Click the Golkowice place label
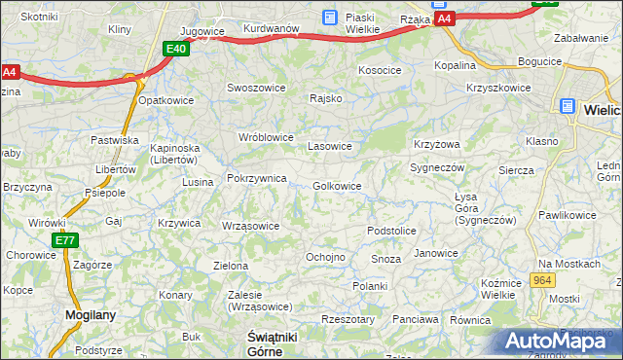point(338,186)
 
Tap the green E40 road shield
point(175,48)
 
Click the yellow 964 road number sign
point(543,280)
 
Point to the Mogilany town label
point(91,314)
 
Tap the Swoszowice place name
point(254,87)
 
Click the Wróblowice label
point(267,137)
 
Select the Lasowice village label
point(330,146)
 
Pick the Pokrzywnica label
point(256,178)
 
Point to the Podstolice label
point(391,231)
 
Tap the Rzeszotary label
point(348,318)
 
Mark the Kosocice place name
point(380,71)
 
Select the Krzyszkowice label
point(498,88)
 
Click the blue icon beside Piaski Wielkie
point(329,17)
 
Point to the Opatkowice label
point(166,100)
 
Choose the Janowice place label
point(435,253)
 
